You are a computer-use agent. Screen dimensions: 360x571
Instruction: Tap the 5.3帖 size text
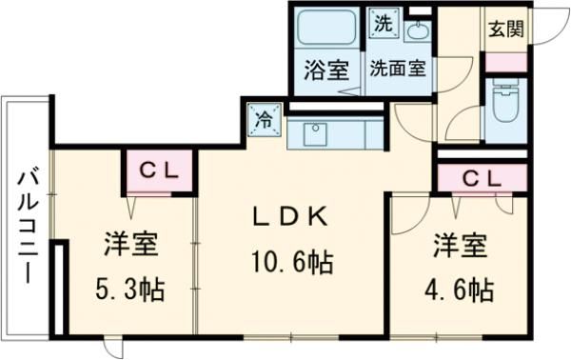tap(130, 289)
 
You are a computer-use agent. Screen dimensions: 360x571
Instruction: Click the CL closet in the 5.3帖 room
tap(161, 170)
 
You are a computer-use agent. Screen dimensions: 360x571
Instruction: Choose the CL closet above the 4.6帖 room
tap(482, 178)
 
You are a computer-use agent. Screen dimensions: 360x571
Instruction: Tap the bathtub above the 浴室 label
tap(326, 29)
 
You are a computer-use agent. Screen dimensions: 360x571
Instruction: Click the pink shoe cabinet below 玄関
tap(503, 61)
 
